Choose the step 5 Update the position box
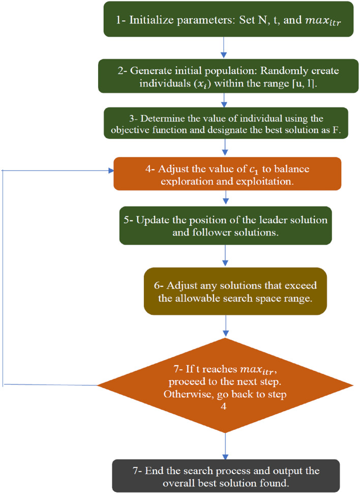click(226, 225)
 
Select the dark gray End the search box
click(225, 475)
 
